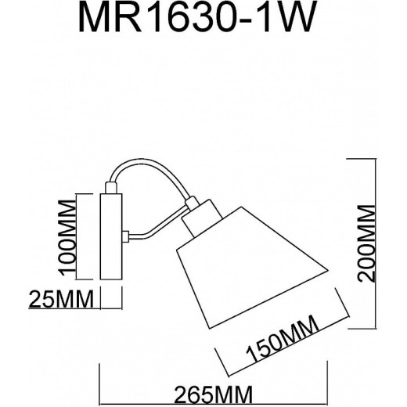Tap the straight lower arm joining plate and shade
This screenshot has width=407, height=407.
tap(153, 233)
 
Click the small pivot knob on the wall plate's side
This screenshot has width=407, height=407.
tap(124, 235)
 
